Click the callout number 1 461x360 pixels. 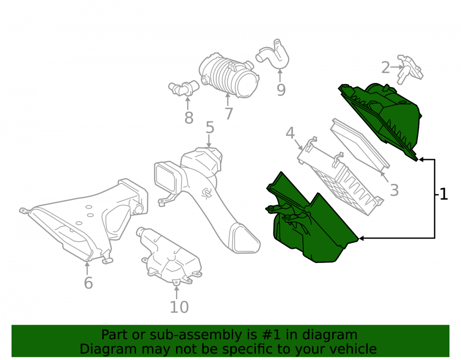pyautogui.click(x=443, y=194)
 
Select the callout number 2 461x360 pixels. pyautogui.click(x=385, y=68)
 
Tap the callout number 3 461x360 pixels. pyautogui.click(x=394, y=190)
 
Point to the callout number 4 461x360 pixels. pyautogui.click(x=290, y=133)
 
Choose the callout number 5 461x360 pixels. pyautogui.click(x=210, y=128)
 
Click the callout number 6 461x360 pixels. pyautogui.click(x=88, y=283)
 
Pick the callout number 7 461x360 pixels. pyautogui.click(x=229, y=113)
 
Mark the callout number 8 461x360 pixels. pyautogui.click(x=189, y=118)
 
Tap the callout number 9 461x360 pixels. pyautogui.click(x=281, y=89)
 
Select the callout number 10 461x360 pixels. pyautogui.click(x=179, y=307)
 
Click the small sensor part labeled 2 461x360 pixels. pyautogui.click(x=410, y=69)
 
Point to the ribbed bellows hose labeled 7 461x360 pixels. pyautogui.click(x=229, y=75)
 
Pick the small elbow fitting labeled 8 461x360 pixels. pyautogui.click(x=184, y=88)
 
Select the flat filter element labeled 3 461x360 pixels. pyautogui.click(x=360, y=145)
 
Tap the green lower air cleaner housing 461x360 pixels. pyautogui.click(x=309, y=220)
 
